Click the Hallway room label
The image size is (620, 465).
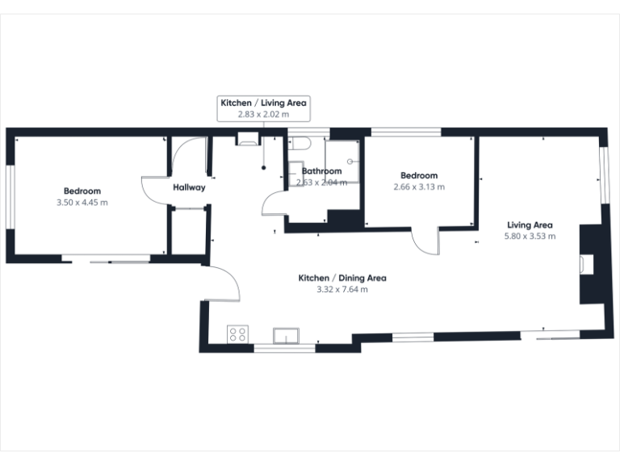[189, 187]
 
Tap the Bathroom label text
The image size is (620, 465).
[321, 171]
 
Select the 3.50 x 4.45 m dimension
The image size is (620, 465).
[82, 203]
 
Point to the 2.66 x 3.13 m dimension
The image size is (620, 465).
[419, 186]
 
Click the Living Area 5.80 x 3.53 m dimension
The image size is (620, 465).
[530, 236]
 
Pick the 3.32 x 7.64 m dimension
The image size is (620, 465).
[342, 290]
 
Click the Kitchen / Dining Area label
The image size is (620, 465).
[342, 278]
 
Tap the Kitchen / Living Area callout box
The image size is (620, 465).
[264, 108]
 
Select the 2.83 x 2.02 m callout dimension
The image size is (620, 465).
[263, 115]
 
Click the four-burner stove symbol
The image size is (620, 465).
[237, 334]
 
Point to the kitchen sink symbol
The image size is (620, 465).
[286, 336]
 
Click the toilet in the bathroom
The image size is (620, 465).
[299, 143]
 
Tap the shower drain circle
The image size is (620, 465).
[350, 161]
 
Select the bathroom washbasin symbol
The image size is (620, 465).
[295, 174]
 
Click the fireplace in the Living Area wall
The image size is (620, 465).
[587, 264]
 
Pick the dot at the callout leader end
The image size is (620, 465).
[264, 168]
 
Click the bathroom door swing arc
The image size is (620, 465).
[271, 201]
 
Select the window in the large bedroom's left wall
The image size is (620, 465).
[10, 196]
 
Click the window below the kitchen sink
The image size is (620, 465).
[284, 349]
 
